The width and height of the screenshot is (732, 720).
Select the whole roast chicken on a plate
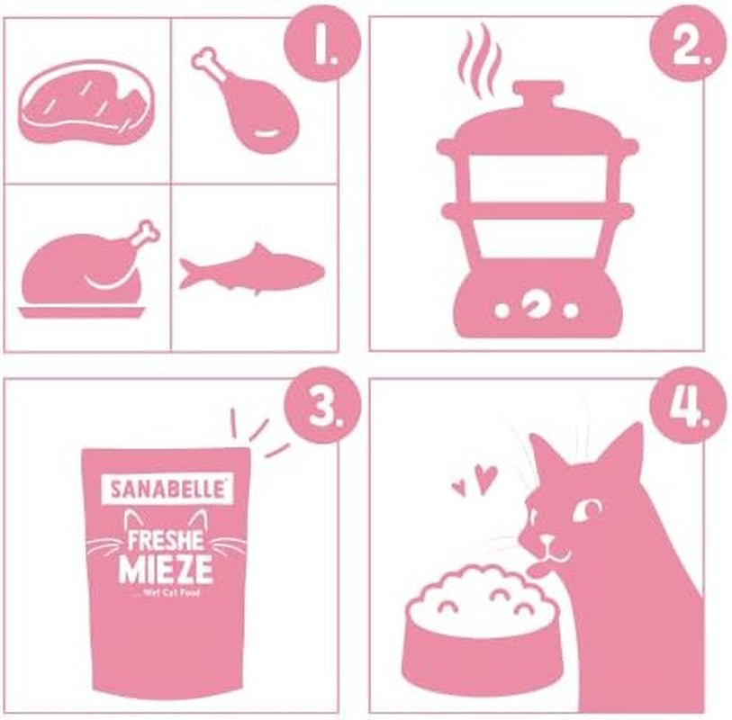pos(86,269)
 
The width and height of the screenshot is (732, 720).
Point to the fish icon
pos(251,266)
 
